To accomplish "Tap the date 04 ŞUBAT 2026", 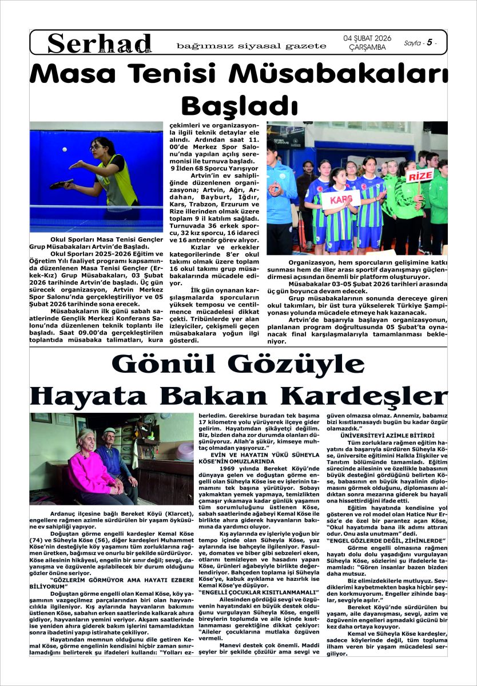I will coord(367,38).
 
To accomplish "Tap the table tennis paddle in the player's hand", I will coord(61,184).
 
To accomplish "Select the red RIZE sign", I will coord(420,176).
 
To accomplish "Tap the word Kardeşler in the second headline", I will coord(365,395).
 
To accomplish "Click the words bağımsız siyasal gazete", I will coord(251,46).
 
